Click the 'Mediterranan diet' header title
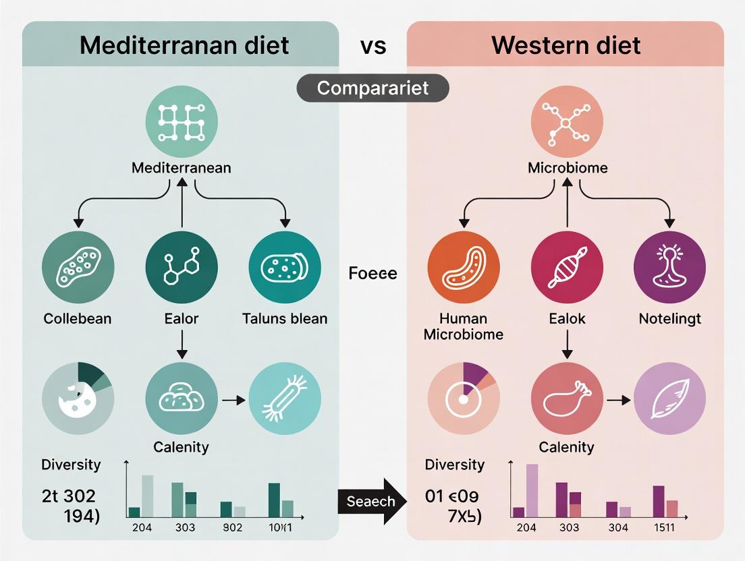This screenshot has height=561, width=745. pyautogui.click(x=184, y=45)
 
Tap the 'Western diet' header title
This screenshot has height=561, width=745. pyautogui.click(x=565, y=45)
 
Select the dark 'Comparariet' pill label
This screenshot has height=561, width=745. pyautogui.click(x=373, y=88)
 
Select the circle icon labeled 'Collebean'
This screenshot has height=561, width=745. pyautogui.click(x=78, y=267)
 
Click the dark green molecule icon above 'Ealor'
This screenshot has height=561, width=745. pyautogui.click(x=182, y=267)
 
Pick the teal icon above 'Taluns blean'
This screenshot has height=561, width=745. pyautogui.click(x=285, y=267)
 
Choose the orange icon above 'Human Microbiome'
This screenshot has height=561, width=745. pyautogui.click(x=464, y=267)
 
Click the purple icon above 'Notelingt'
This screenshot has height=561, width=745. pyautogui.click(x=669, y=267)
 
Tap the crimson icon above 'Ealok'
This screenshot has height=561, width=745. pyautogui.click(x=567, y=267)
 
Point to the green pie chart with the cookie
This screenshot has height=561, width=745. pyautogui.click(x=78, y=398)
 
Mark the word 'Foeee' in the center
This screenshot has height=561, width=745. pyautogui.click(x=373, y=274)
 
